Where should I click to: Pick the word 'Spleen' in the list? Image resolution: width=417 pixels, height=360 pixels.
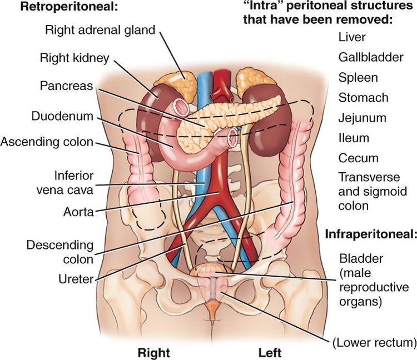pos(358,78)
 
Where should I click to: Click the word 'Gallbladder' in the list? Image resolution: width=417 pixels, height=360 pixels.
pos(366,57)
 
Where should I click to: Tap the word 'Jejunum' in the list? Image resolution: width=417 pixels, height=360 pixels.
pos(362,118)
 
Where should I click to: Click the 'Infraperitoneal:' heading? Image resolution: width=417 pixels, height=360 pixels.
pos(371,235)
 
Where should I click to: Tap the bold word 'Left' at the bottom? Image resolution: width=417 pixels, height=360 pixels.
pos(270,353)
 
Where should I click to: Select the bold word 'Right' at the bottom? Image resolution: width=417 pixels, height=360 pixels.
pos(153,353)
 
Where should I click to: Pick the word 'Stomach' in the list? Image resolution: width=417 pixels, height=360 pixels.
pos(363,98)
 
